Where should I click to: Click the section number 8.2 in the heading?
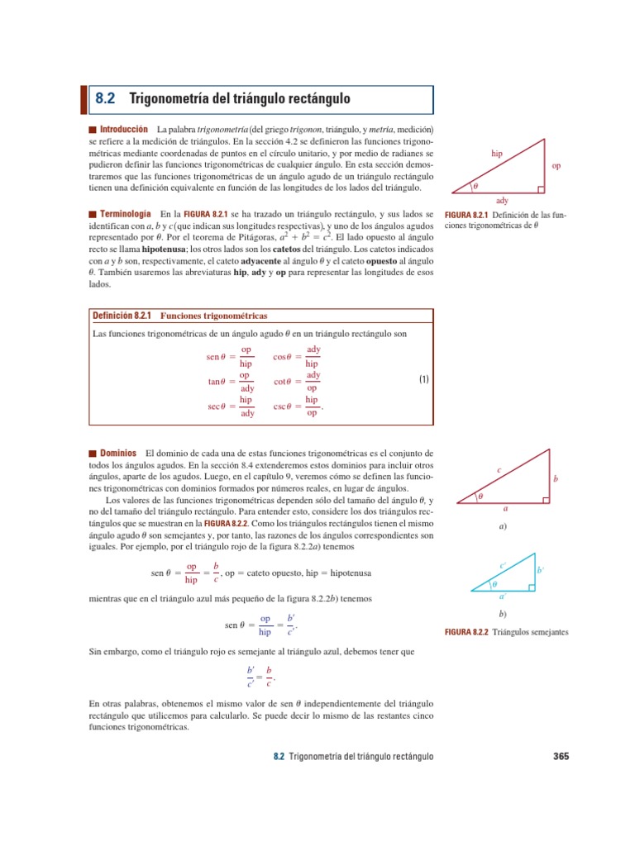click(x=105, y=98)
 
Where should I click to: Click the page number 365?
click(x=560, y=755)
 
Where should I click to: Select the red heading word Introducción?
click(x=123, y=130)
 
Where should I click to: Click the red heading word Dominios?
click(x=118, y=454)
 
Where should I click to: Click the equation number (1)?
click(x=423, y=380)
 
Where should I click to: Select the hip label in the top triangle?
click(x=496, y=154)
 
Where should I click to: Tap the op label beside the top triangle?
click(x=556, y=166)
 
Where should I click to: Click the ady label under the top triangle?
click(x=502, y=200)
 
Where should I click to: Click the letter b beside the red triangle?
click(x=556, y=478)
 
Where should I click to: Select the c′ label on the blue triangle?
click(x=503, y=565)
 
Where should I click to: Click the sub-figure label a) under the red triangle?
click(x=502, y=526)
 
